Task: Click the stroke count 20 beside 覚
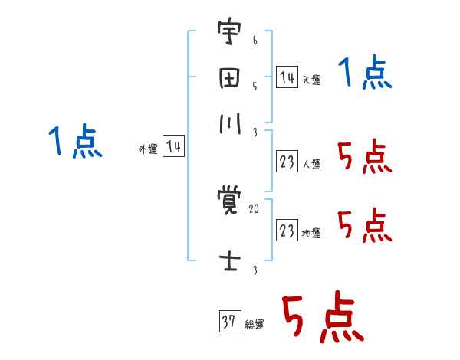point(254,208)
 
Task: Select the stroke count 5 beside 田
point(254,86)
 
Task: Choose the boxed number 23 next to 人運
point(287,162)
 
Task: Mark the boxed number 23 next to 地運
point(287,231)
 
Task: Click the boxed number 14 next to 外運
point(173,147)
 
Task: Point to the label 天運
point(311,80)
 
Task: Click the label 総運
point(255,325)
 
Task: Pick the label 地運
point(311,234)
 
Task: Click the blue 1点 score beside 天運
point(365,75)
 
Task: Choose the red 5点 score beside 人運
point(364,159)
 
